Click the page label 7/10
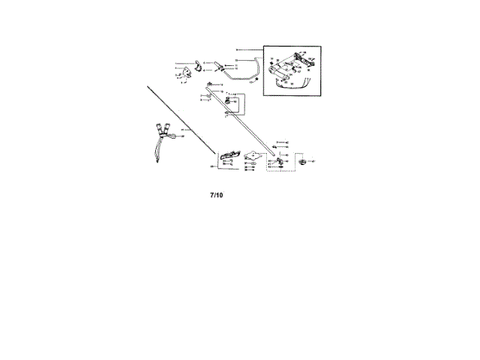[216, 195]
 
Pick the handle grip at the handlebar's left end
[218, 67]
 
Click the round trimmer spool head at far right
[302, 161]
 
